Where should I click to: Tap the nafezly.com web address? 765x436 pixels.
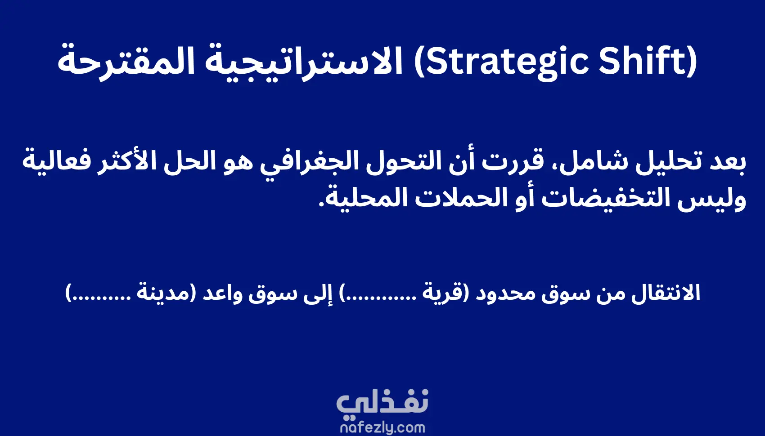pos(382,428)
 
